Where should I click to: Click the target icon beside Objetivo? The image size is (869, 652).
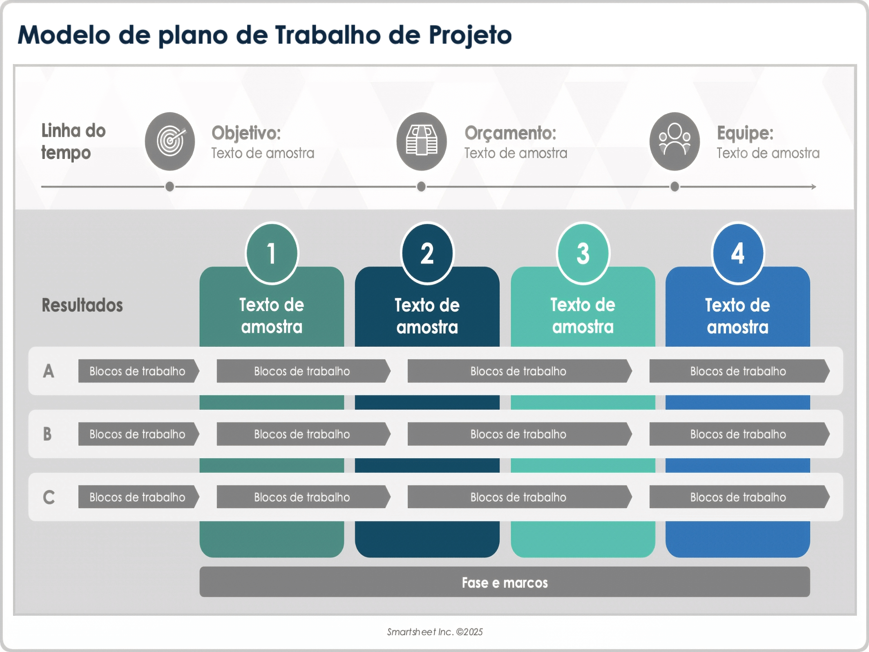click(x=170, y=141)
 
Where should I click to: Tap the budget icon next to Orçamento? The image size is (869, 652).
click(x=421, y=141)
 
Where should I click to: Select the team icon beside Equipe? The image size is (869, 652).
click(x=674, y=141)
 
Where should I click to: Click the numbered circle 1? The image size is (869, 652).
click(x=272, y=253)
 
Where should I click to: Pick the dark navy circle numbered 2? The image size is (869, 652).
click(x=427, y=253)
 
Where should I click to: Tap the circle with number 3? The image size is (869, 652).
click(x=583, y=253)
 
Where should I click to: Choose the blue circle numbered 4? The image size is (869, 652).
click(x=738, y=253)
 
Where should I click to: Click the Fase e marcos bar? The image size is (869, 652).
click(x=505, y=582)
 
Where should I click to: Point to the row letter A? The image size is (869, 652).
click(x=48, y=371)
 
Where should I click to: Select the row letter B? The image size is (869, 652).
click(x=48, y=434)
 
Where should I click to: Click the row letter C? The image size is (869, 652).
click(x=48, y=497)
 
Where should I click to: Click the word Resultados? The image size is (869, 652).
click(x=82, y=305)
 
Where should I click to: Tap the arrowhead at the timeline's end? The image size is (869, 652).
click(x=813, y=187)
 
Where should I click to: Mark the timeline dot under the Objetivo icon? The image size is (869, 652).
click(x=170, y=187)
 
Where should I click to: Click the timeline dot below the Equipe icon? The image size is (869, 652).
click(x=674, y=187)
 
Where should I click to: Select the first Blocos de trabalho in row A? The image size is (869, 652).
click(x=138, y=371)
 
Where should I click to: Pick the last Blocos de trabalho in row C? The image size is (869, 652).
click(x=738, y=497)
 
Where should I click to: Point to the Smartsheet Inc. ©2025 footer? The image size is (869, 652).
click(x=434, y=632)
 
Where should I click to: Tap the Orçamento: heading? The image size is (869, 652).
click(x=510, y=133)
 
